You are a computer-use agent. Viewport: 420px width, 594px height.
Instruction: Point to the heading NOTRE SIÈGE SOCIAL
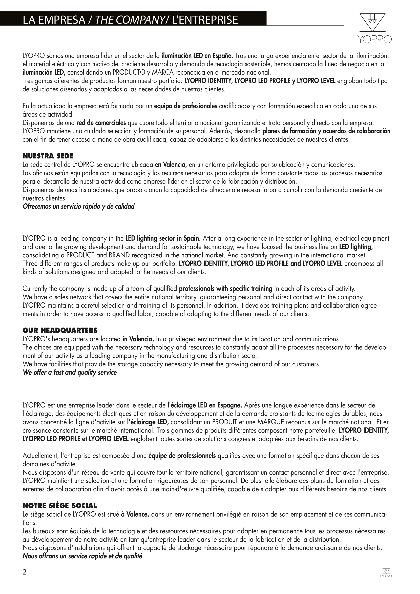click(60, 505)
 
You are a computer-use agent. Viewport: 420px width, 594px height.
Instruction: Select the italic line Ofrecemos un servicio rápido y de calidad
click(79, 207)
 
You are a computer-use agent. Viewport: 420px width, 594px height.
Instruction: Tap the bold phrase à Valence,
click(135, 514)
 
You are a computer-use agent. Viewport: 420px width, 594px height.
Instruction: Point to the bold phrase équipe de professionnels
click(182, 456)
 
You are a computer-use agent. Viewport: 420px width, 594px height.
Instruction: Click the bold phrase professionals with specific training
click(225, 289)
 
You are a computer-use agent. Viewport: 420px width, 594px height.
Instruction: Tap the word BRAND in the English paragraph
click(119, 255)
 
